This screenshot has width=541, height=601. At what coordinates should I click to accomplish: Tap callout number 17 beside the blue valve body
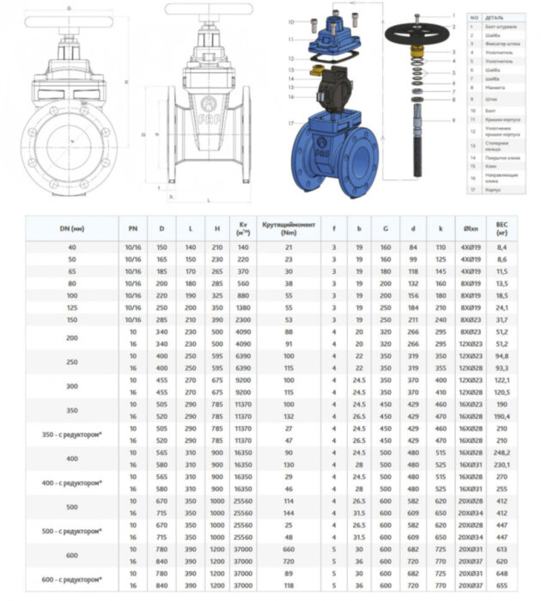pyautogui.click(x=293, y=123)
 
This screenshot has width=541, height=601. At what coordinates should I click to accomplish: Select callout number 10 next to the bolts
pyautogui.click(x=291, y=21)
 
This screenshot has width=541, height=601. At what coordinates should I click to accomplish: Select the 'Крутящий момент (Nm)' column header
pyautogui.click(x=289, y=228)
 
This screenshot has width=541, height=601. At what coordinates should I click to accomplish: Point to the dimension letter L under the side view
pyautogui.click(x=209, y=200)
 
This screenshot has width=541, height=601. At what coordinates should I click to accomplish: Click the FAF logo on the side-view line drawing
pyautogui.click(x=209, y=110)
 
